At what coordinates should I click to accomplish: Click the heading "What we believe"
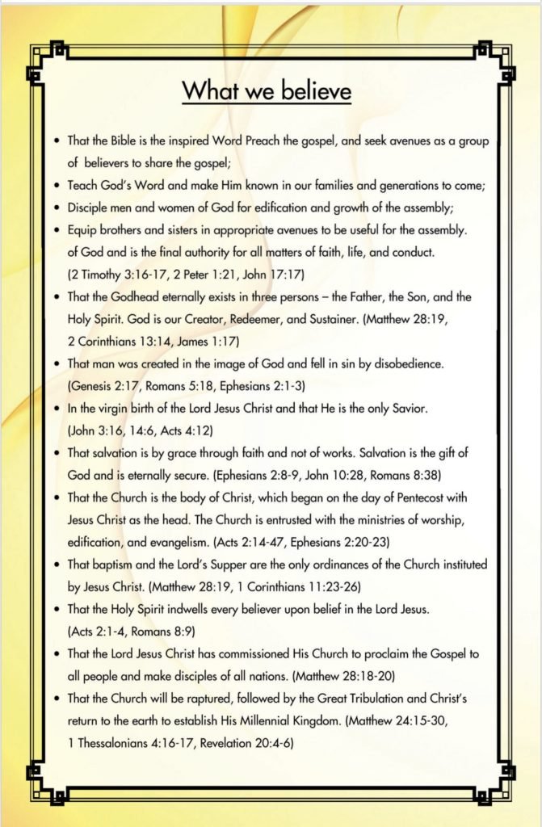tap(267, 90)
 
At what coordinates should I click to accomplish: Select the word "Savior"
tap(408, 408)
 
